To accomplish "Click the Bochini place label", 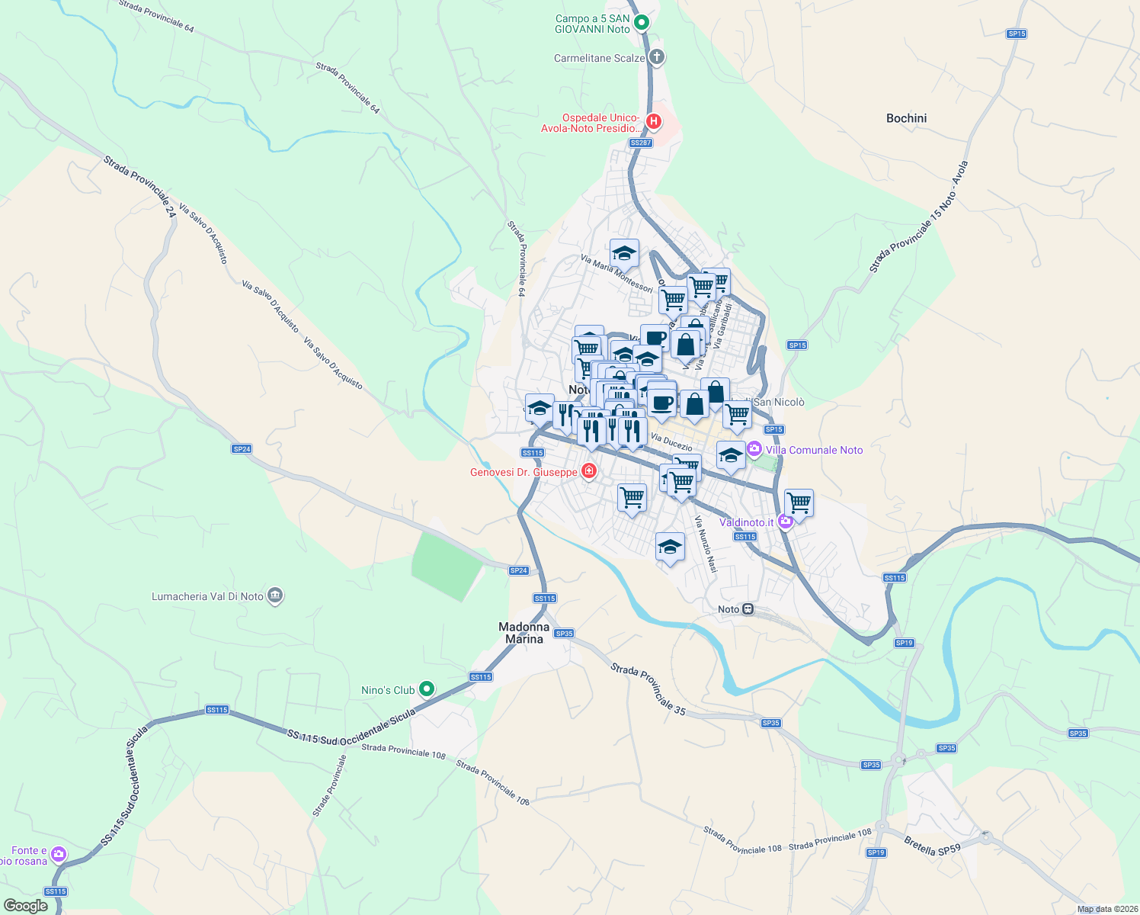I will pyautogui.click(x=906, y=118).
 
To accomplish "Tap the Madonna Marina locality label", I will pyautogui.click(x=524, y=633).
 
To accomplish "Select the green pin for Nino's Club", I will pyautogui.click(x=427, y=689).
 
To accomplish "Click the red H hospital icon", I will pyautogui.click(x=653, y=121).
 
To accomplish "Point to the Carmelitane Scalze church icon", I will pyautogui.click(x=657, y=57).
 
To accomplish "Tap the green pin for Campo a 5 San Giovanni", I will pyautogui.click(x=642, y=22).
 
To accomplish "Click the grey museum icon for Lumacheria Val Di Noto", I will pyautogui.click(x=276, y=596).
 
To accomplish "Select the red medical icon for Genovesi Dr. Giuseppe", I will pyautogui.click(x=588, y=472).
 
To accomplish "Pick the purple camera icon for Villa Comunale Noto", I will pyautogui.click(x=754, y=449).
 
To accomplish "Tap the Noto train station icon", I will pyautogui.click(x=748, y=609).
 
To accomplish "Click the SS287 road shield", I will pyautogui.click(x=641, y=143).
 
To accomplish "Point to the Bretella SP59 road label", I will pyautogui.click(x=932, y=846).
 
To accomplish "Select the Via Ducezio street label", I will pyautogui.click(x=671, y=441).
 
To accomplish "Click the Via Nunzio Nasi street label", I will pyautogui.click(x=706, y=544).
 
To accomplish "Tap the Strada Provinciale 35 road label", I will pyautogui.click(x=648, y=689).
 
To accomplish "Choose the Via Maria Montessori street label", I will pyautogui.click(x=616, y=273).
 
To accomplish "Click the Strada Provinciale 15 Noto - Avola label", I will pyautogui.click(x=918, y=217).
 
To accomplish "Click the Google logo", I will pyautogui.click(x=25, y=906).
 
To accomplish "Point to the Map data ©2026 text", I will pyautogui.click(x=1107, y=909).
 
